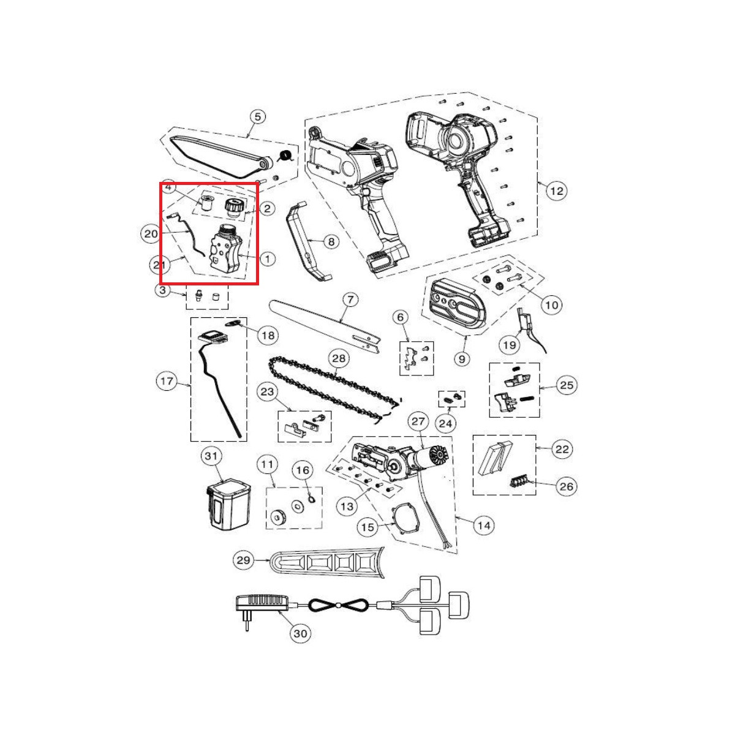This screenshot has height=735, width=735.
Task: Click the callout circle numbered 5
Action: pyautogui.click(x=258, y=117)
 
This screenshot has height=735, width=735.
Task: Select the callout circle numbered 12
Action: pyautogui.click(x=557, y=190)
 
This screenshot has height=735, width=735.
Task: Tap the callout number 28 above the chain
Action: pyautogui.click(x=339, y=358)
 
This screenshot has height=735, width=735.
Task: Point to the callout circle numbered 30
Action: pyautogui.click(x=300, y=633)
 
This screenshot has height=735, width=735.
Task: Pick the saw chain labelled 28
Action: pyautogui.click(x=334, y=390)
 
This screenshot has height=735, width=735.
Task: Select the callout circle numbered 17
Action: pyautogui.click(x=167, y=381)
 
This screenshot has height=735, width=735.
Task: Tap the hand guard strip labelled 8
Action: pyautogui.click(x=307, y=240)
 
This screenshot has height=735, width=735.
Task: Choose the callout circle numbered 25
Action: pyautogui.click(x=567, y=385)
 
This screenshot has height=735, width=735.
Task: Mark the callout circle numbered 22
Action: pyautogui.click(x=562, y=449)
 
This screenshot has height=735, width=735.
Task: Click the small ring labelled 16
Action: pyautogui.click(x=311, y=499)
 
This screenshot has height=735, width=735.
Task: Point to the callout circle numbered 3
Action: pyautogui.click(x=163, y=290)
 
